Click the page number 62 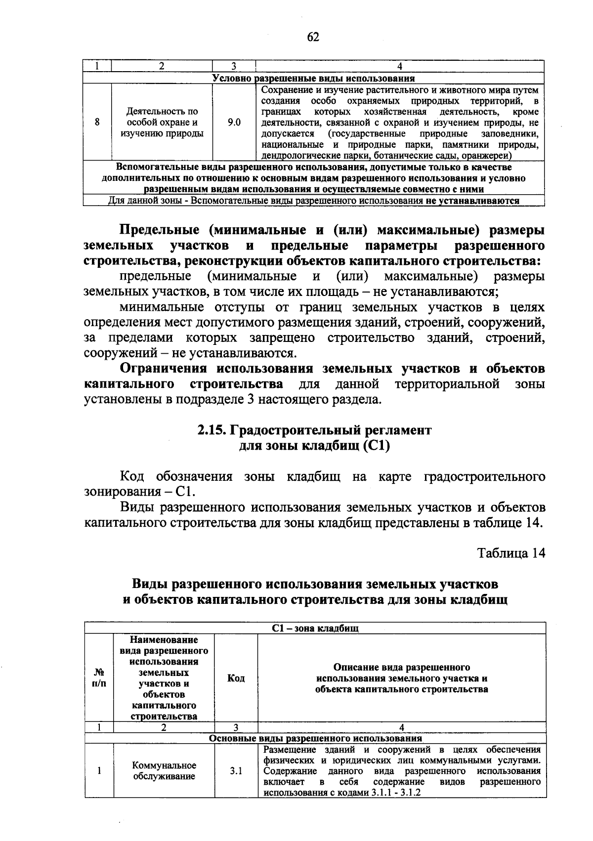[x=313, y=38]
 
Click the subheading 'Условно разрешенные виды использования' [x=313, y=79]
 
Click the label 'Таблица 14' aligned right [x=511, y=553]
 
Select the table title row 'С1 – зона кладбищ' [x=315, y=629]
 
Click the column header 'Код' [x=236, y=678]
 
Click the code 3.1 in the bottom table [x=236, y=771]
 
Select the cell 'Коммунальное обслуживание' [x=164, y=771]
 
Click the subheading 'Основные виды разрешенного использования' [x=315, y=738]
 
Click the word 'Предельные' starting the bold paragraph [x=159, y=230]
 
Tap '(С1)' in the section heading [x=377, y=446]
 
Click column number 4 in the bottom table [x=401, y=727]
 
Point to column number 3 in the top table [x=234, y=66]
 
